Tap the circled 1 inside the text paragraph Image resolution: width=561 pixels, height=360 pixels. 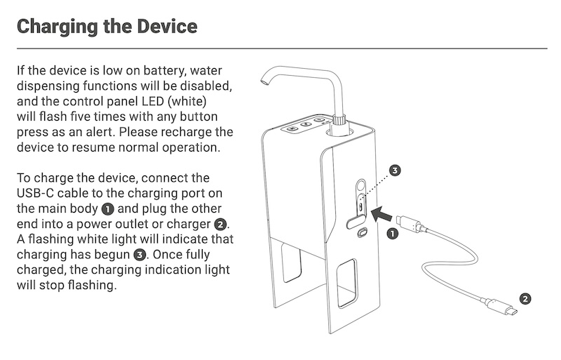(x=107, y=209)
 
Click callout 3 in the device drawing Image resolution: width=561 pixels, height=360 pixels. (x=395, y=171)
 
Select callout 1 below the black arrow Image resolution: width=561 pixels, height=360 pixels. (x=393, y=234)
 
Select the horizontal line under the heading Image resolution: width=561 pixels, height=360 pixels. (x=280, y=48)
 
